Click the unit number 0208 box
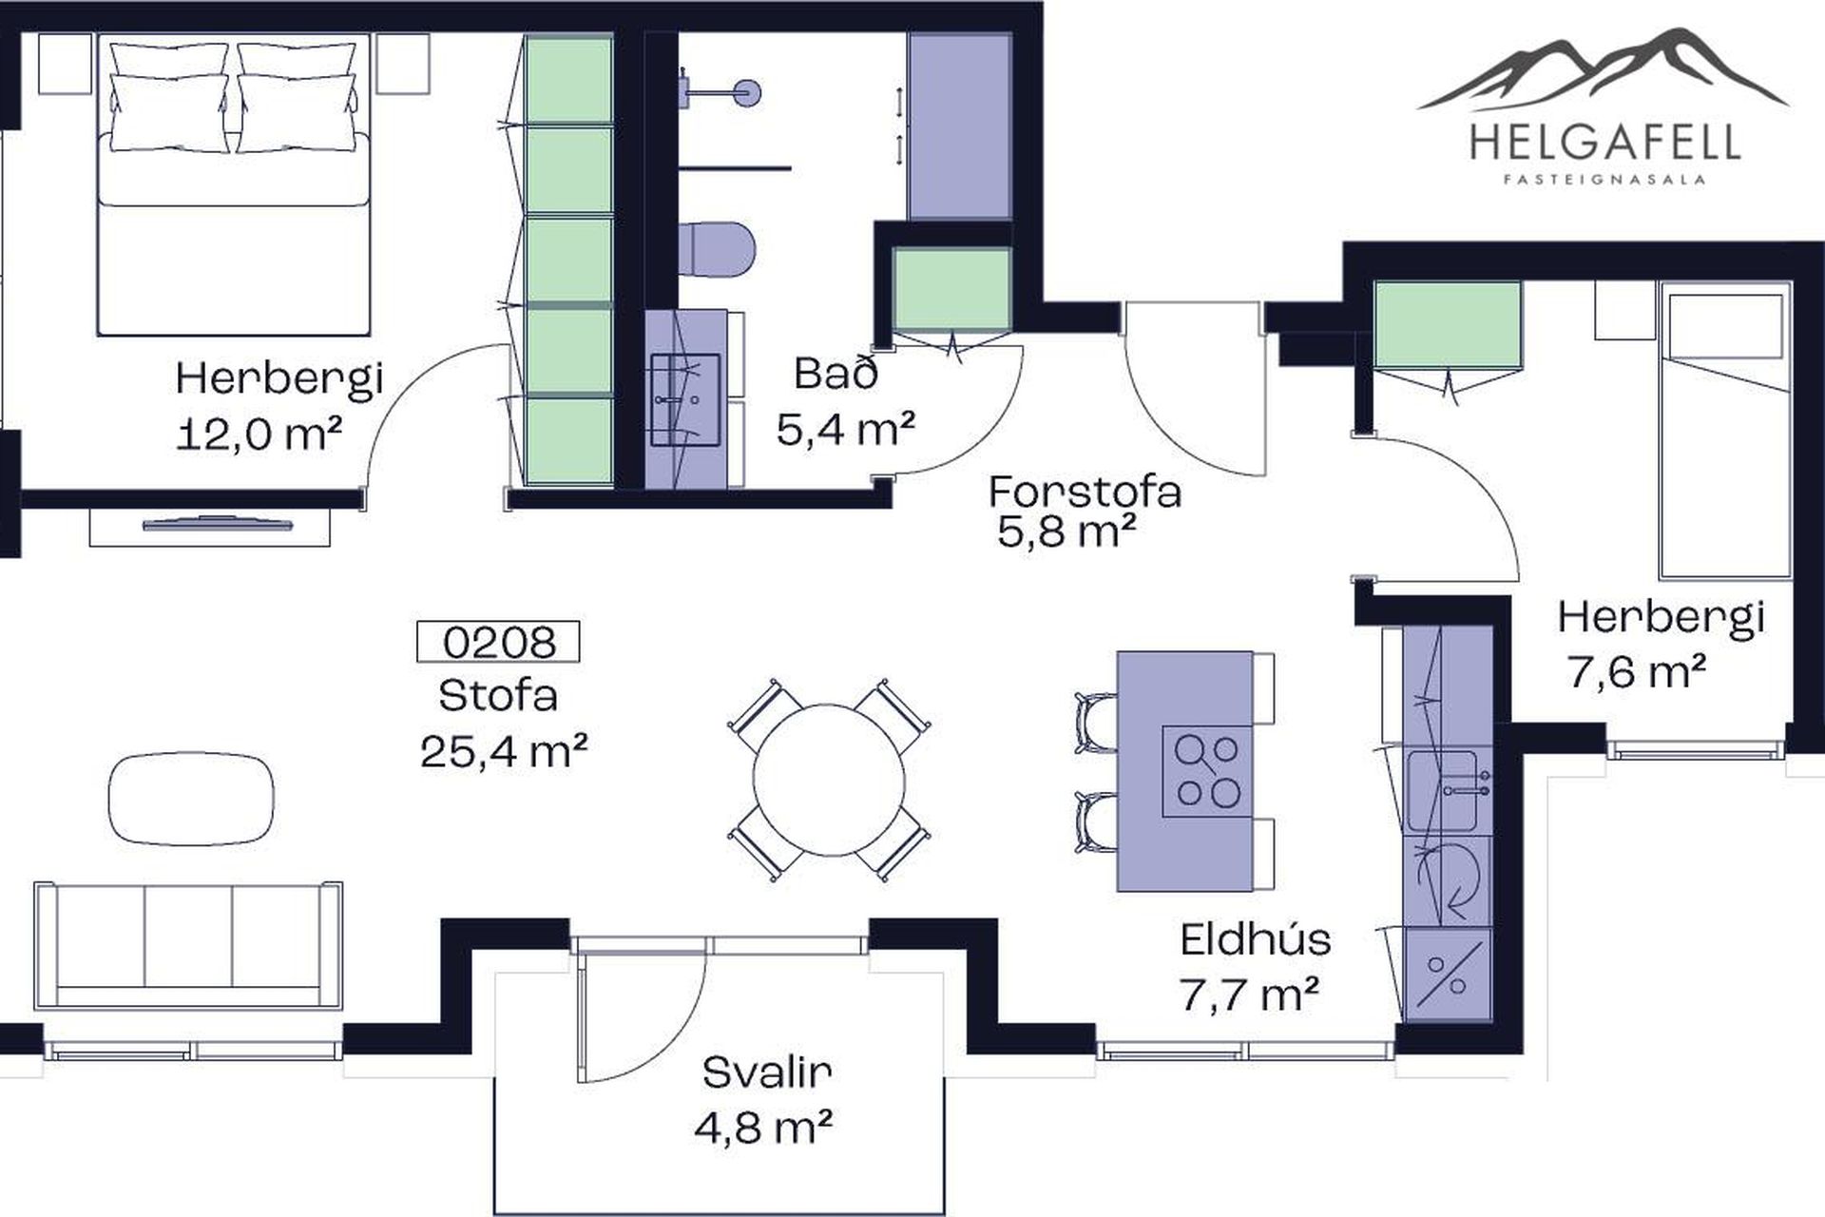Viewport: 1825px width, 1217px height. tap(498, 642)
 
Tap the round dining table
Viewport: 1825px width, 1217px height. tap(828, 780)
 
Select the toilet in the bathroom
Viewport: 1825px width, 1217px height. tap(718, 249)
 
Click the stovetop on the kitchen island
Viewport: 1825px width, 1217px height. tap(1207, 771)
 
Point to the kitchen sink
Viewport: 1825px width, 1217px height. tap(1444, 790)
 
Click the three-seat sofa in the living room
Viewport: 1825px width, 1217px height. tap(188, 946)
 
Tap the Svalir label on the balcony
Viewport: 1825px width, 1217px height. tap(767, 1072)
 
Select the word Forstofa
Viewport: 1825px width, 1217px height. tap(1085, 492)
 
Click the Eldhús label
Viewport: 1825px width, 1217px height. tap(1256, 939)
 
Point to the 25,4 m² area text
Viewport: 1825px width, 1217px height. tap(504, 751)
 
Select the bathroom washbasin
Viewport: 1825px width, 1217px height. tap(684, 399)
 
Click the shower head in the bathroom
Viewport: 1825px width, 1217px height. tap(747, 92)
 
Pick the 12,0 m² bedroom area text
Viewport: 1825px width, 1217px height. tap(259, 435)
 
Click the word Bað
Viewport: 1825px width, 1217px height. tap(836, 374)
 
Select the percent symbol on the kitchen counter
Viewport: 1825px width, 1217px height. tap(1447, 975)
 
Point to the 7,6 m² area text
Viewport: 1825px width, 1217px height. tap(1636, 672)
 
